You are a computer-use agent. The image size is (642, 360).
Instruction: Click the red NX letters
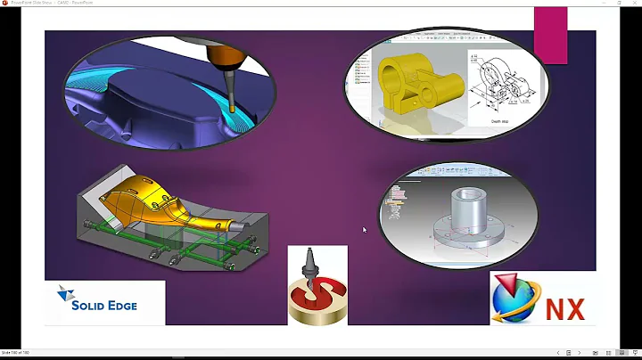[x=565, y=309]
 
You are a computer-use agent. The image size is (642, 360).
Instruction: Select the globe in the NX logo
[x=518, y=302]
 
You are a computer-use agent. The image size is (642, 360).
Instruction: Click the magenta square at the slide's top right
[x=550, y=35]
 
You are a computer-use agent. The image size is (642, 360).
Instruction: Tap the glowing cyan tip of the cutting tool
[x=233, y=108]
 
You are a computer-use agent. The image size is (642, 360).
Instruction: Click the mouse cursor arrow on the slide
[x=364, y=230]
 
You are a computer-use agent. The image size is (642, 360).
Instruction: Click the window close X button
[x=634, y=3]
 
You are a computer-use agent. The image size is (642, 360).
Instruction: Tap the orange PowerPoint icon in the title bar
[x=5, y=3]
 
